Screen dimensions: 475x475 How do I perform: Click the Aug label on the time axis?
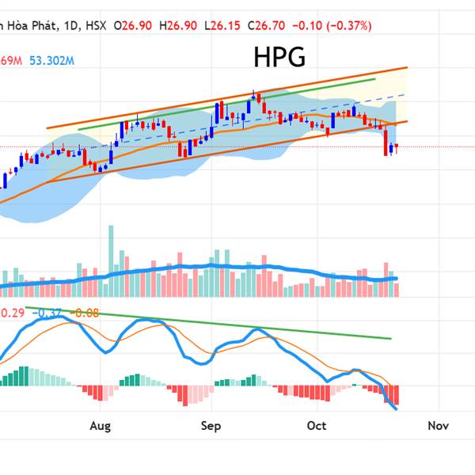point(100,426)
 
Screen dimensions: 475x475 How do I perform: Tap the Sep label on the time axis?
point(211,426)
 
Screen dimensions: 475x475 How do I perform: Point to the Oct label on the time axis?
point(317,426)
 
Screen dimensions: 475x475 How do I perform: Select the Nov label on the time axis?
point(438,426)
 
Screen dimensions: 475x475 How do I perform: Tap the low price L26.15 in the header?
point(224,25)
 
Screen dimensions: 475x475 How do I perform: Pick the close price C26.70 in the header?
point(269,25)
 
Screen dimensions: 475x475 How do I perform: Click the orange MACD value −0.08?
point(85,313)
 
